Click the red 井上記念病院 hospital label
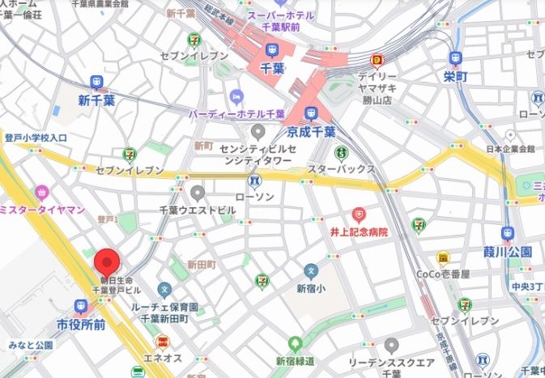pos(360,231)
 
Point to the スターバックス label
pos(340,169)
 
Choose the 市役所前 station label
pos(81,325)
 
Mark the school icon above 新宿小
pos(310,271)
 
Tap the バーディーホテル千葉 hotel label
pos(237,114)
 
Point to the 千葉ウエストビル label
pos(198,210)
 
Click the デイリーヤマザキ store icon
pos(377,59)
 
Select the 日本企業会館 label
pos(510,150)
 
